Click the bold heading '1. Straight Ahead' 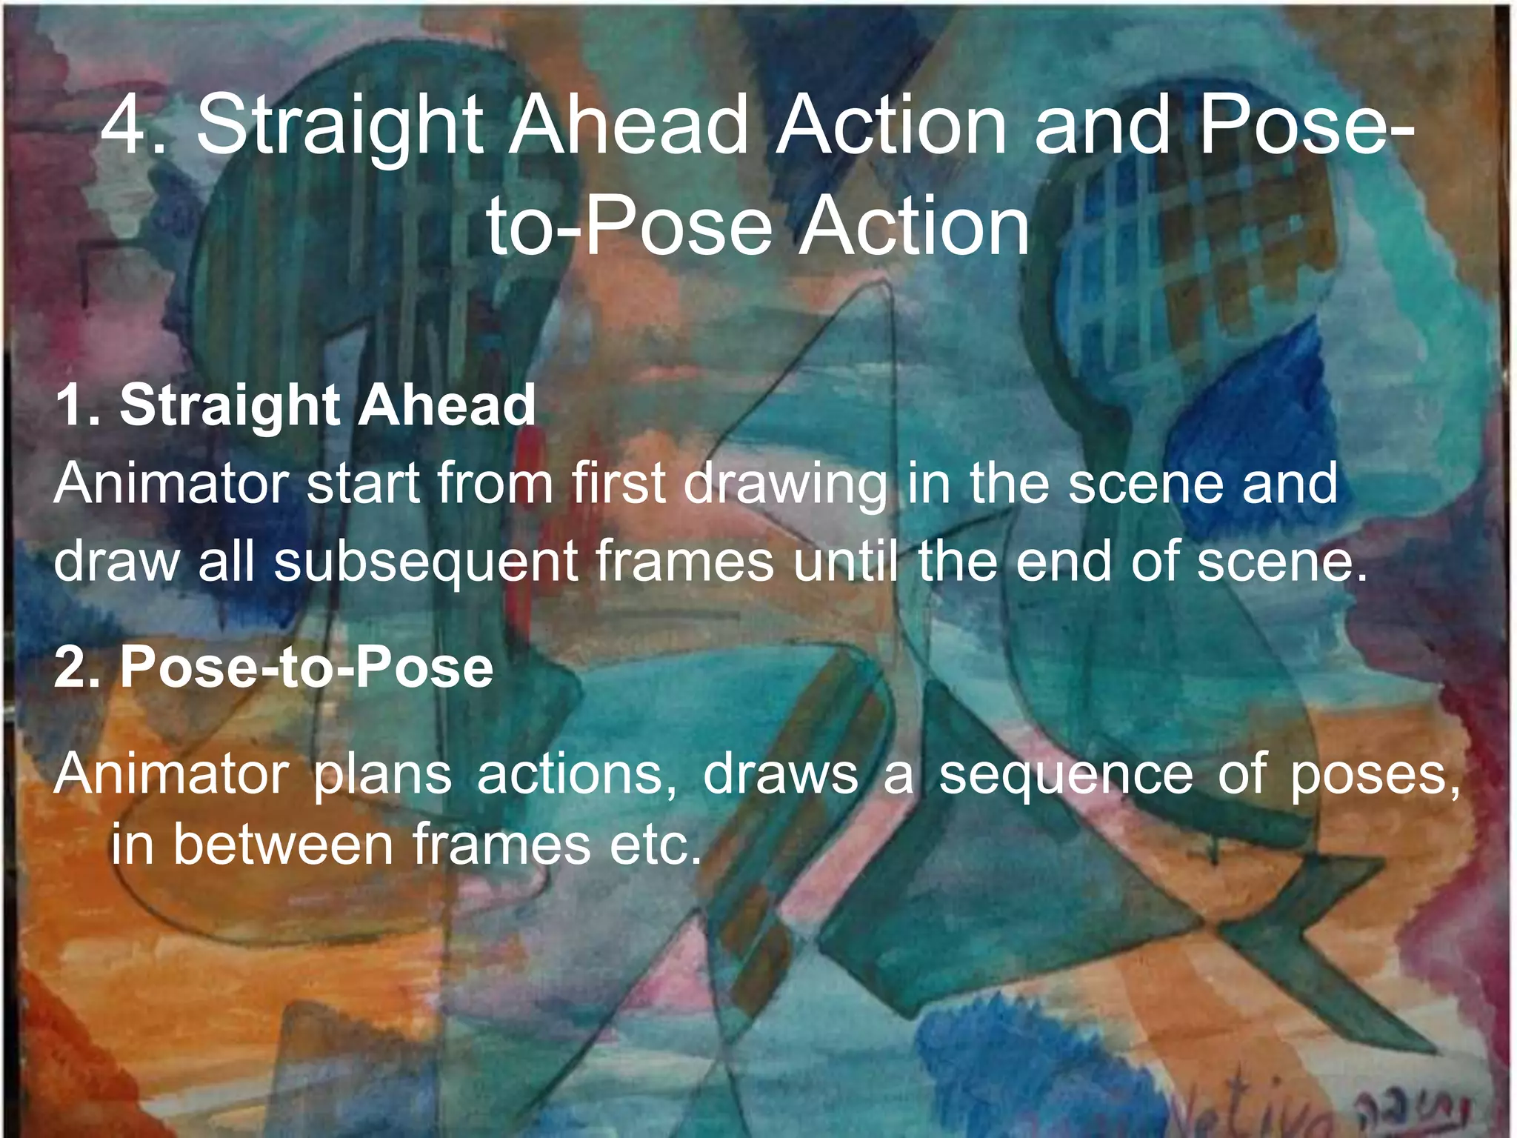295,405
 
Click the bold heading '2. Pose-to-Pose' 273,667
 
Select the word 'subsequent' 426,562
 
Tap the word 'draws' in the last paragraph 780,774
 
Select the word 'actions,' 576,774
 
